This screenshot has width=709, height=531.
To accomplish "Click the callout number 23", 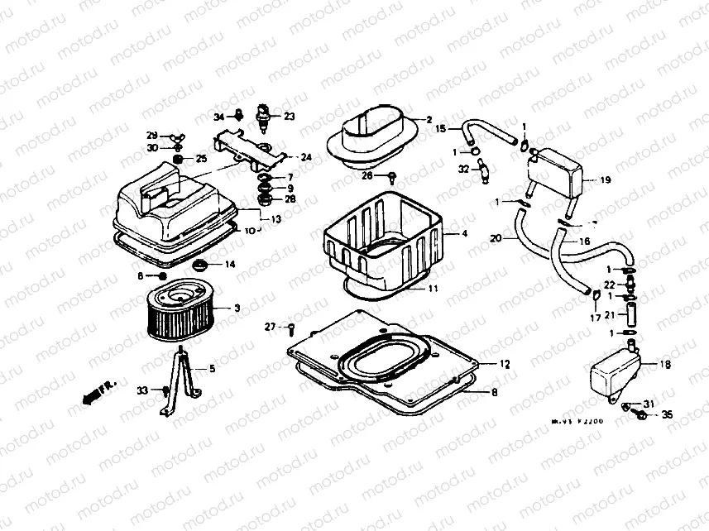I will (x=289, y=117).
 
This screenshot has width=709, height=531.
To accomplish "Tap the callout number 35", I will (x=668, y=415).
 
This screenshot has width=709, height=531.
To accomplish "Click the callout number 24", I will (x=305, y=157).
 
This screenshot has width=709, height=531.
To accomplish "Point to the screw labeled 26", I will (x=390, y=175).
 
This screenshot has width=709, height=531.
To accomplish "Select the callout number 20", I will (x=496, y=239).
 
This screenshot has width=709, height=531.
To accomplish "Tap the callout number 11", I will (x=433, y=289).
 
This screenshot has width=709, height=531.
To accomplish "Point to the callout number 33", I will (x=141, y=390).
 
